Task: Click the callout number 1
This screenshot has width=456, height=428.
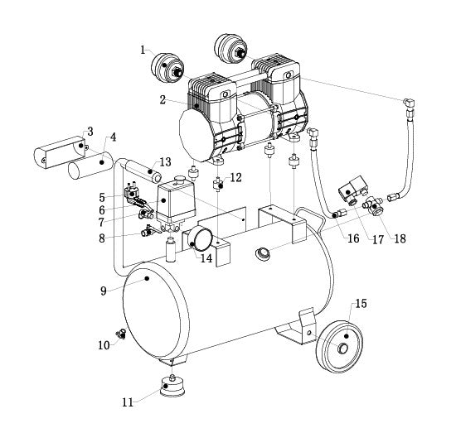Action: tap(143, 49)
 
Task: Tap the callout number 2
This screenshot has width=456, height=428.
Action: tap(163, 99)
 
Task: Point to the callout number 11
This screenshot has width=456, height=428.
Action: tap(126, 403)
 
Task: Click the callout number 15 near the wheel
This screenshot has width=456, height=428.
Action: tap(360, 304)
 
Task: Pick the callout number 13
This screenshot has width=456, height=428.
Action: tap(165, 161)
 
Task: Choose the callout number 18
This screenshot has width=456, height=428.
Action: tap(400, 239)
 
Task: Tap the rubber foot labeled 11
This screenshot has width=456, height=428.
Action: tap(170, 387)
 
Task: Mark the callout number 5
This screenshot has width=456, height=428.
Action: tap(101, 197)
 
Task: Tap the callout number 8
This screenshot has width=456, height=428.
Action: tap(101, 238)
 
